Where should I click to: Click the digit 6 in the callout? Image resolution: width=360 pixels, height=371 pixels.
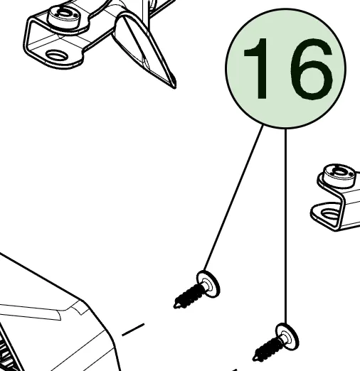(x=312, y=70)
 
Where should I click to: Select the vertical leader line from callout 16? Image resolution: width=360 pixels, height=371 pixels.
(x=285, y=226)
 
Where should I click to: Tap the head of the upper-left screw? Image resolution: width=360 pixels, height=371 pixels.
(x=208, y=284)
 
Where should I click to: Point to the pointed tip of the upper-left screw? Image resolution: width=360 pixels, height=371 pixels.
(x=175, y=307)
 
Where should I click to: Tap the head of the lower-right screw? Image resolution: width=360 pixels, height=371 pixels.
(x=287, y=337)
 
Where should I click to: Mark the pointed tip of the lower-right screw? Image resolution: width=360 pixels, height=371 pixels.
(x=254, y=360)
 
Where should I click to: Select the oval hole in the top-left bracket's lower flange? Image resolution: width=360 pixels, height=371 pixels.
(x=57, y=55)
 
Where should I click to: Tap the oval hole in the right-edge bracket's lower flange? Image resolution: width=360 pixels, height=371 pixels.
(x=330, y=215)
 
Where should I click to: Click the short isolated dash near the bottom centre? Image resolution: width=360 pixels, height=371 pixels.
(x=133, y=329)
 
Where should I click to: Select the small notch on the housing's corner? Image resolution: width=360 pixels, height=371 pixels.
(x=77, y=308)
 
